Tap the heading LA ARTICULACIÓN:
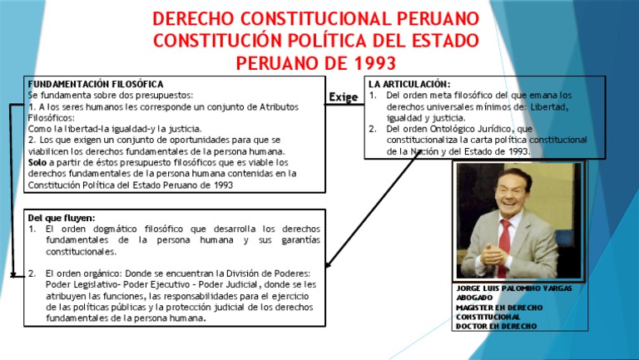point(409,84)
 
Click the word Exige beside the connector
point(343,98)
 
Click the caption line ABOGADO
point(475,298)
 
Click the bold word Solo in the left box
point(37,163)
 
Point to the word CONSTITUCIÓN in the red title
point(218,41)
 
